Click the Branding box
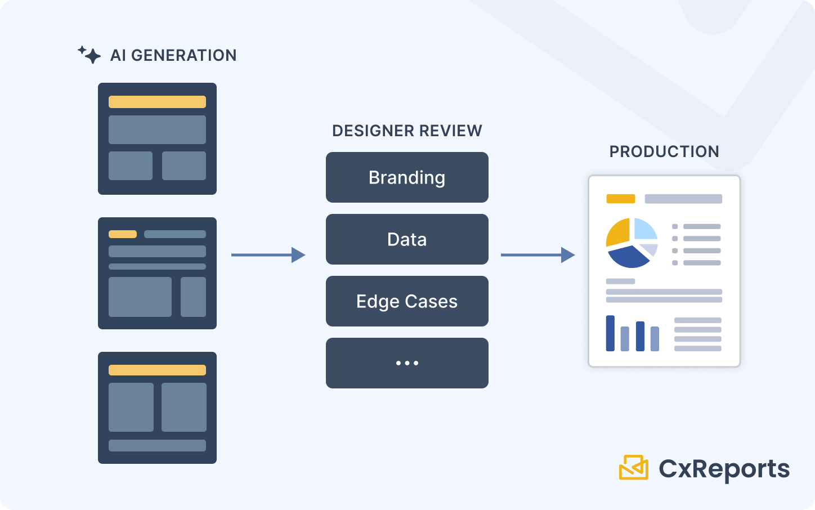[407, 177]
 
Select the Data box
[407, 239]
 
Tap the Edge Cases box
[407, 301]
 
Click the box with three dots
[407, 363]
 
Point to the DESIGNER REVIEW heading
[407, 131]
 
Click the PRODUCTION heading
[664, 151]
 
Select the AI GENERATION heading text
[173, 55]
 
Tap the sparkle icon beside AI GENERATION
[89, 55]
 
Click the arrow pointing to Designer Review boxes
[268, 255]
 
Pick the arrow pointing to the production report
[538, 255]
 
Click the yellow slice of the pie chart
[618, 232]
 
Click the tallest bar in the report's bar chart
[610, 333]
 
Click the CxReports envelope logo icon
[634, 467]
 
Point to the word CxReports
[724, 468]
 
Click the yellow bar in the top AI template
[157, 102]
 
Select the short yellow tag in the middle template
[123, 234]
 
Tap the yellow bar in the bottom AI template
[157, 370]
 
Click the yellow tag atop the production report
[620, 199]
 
